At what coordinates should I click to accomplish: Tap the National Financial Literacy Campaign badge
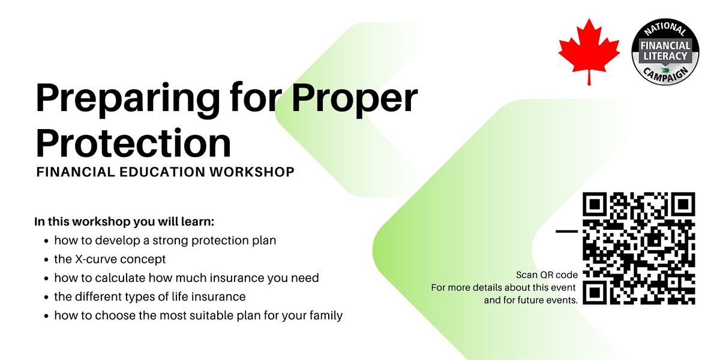point(665,52)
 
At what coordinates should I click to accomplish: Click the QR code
point(639,248)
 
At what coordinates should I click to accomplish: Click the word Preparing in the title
point(128,99)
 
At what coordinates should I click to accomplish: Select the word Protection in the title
point(133,143)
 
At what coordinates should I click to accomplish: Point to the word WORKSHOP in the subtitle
point(252,172)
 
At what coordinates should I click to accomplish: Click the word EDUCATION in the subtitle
point(163,172)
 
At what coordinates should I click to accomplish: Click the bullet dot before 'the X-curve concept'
point(46,260)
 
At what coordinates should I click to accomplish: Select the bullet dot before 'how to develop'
point(46,241)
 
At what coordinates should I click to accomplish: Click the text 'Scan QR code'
point(547,275)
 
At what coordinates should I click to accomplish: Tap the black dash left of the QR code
point(566,231)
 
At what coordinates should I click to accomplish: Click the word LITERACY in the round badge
point(665,56)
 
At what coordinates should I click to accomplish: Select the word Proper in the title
point(354,99)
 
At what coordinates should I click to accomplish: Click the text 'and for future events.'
point(530,300)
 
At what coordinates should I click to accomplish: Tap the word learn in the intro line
point(197,222)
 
